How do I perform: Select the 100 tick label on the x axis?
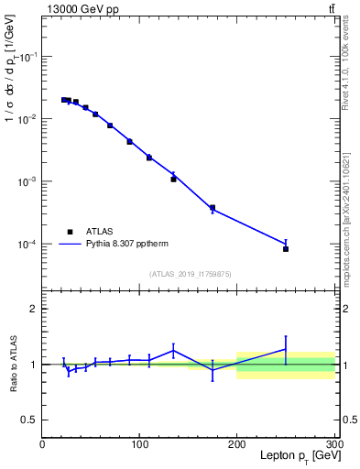(140, 445)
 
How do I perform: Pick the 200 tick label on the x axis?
(237, 445)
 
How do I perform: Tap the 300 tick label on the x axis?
(333, 445)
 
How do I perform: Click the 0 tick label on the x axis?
(42, 445)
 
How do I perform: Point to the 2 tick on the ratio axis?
(33, 309)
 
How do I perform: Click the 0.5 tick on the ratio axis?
(28, 420)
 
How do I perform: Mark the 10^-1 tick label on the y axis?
(26, 57)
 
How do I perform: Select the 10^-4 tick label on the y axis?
(26, 245)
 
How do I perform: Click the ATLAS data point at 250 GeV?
(286, 249)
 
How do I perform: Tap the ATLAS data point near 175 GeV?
(213, 208)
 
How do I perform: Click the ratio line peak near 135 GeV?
(173, 348)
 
